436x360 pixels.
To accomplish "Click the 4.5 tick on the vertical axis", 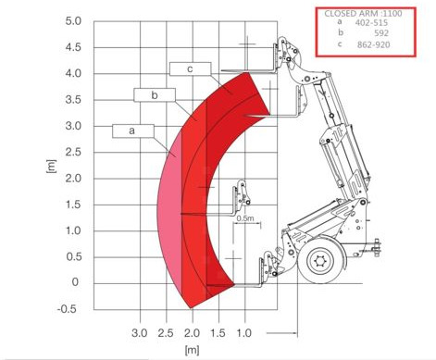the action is point(73,47).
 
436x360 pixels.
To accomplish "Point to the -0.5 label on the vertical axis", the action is point(67,309).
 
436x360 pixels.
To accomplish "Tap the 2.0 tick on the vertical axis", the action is point(73,179).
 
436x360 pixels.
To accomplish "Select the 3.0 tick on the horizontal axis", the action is point(140,333).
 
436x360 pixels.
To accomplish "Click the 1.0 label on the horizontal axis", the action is point(244,333).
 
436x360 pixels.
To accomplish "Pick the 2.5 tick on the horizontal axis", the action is point(166,333).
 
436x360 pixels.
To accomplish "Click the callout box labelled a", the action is point(133,130).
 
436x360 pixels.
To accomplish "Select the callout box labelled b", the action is point(155,95).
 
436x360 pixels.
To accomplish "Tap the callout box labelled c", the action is point(191,68).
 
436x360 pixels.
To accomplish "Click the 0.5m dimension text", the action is point(245,218).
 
